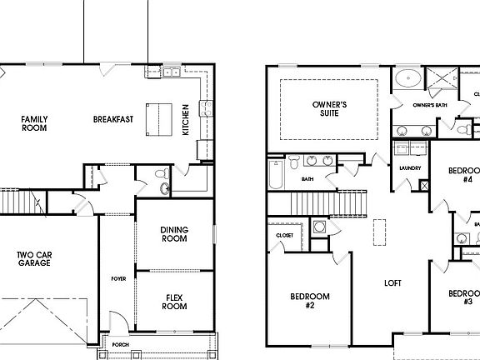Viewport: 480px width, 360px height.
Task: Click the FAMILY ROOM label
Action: pyautogui.click(x=34, y=123)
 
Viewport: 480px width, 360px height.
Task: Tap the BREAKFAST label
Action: pyautogui.click(x=113, y=119)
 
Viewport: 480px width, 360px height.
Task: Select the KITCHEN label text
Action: pyautogui.click(x=185, y=118)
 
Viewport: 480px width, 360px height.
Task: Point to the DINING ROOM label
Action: pyautogui.click(x=173, y=234)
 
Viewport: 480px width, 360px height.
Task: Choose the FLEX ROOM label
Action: pyautogui.click(x=174, y=302)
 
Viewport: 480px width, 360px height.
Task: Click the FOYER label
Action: pyautogui.click(x=118, y=278)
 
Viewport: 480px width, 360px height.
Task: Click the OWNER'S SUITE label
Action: pyautogui.click(x=330, y=109)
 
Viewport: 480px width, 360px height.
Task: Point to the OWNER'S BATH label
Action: pyautogui.click(x=430, y=105)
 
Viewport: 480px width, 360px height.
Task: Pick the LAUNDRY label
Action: pyautogui.click(x=409, y=168)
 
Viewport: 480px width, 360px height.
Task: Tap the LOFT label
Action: pyautogui.click(x=392, y=283)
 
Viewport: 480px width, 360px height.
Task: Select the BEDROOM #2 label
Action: pyautogui.click(x=309, y=301)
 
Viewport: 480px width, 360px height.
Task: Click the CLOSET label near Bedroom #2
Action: pyautogui.click(x=284, y=236)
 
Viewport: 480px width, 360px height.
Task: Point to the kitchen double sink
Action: pyautogui.click(x=172, y=72)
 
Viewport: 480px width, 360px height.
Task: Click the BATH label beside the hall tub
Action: pyautogui.click(x=307, y=178)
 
